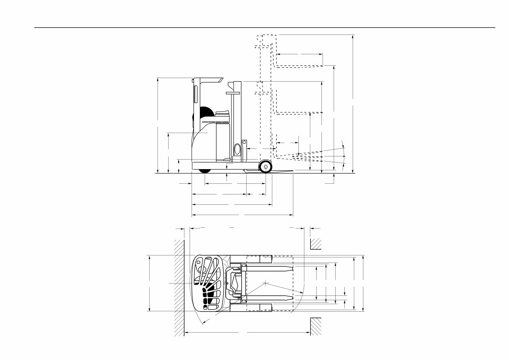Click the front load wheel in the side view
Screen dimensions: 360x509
(x=265, y=167)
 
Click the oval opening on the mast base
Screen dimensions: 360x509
(x=237, y=149)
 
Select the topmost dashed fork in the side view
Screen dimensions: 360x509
(x=300, y=65)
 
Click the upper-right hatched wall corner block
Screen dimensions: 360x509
(x=315, y=244)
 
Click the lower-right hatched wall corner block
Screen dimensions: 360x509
(x=315, y=326)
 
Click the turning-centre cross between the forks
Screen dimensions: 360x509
(x=265, y=284)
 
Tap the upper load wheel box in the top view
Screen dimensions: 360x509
(x=265, y=259)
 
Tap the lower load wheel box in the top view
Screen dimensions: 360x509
(x=265, y=308)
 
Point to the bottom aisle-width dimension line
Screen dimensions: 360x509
(x=248, y=333)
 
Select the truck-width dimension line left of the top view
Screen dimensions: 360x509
(x=150, y=283)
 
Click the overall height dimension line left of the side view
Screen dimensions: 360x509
(x=158, y=125)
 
